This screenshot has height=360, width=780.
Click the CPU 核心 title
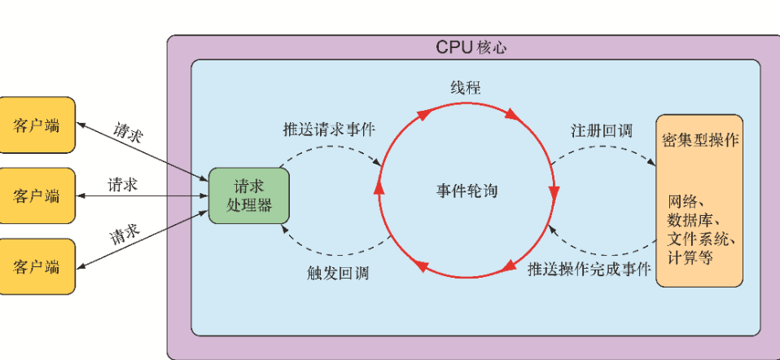pos(471,47)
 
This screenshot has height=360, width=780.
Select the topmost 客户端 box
pos(37,125)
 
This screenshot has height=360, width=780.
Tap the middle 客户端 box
pos(37,195)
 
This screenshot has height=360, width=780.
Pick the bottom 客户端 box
pos(37,266)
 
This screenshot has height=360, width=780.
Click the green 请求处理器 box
pos(248,195)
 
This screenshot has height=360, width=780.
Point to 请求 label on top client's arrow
pos(129,132)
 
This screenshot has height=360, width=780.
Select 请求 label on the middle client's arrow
pos(123,185)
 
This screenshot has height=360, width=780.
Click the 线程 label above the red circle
pos(466,88)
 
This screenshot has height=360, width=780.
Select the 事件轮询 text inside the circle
pos(467,191)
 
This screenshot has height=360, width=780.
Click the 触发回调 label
pos(338,273)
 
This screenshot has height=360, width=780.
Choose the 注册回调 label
pos(601,130)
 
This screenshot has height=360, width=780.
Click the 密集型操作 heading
pos(700,139)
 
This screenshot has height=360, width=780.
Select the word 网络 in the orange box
pos(686,201)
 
